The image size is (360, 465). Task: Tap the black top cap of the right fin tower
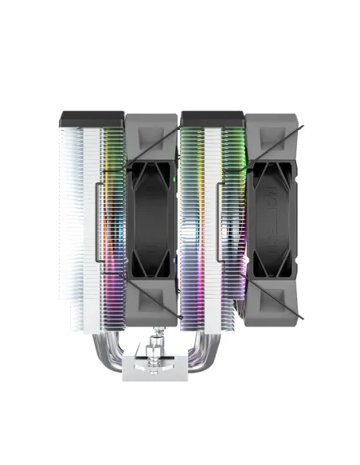point(212,119)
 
